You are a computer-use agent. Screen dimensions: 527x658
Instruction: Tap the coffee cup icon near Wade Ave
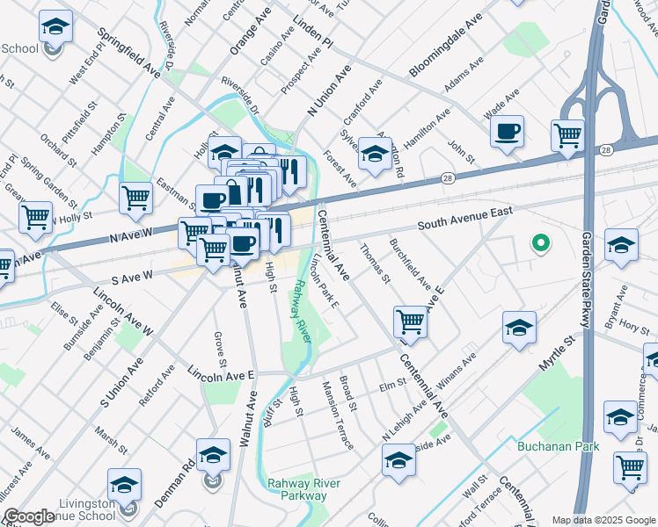coord(507,133)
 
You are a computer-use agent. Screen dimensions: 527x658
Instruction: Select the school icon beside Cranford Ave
coord(375,155)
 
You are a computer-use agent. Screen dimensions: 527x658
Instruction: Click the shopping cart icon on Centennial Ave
coord(410,322)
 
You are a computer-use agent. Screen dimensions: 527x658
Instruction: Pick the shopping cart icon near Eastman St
coord(136,199)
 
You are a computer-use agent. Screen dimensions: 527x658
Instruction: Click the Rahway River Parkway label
coord(297,488)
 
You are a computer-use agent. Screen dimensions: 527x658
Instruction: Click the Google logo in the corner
coord(28,516)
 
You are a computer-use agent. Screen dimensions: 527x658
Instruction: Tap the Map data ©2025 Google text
coord(603,520)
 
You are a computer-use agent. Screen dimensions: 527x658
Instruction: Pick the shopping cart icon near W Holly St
coord(35,216)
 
